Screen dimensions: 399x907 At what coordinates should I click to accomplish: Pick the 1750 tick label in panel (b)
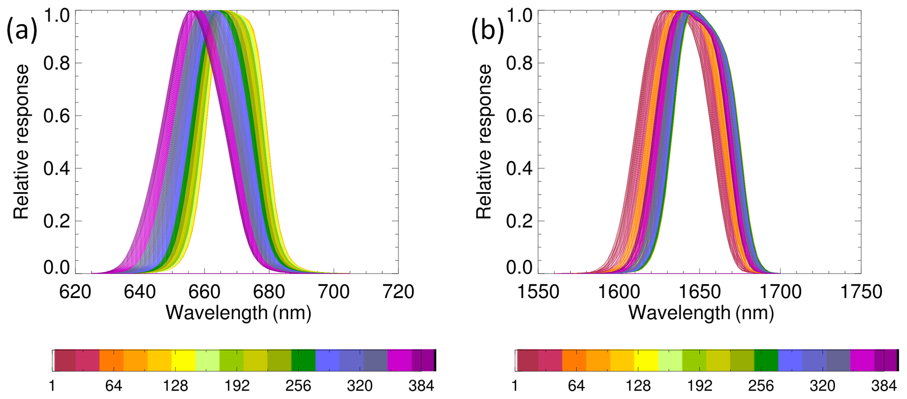tap(861, 291)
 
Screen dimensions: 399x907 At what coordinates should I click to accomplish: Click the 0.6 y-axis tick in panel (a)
tap(57, 116)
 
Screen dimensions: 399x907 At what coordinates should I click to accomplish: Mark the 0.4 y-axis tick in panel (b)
tap(520, 169)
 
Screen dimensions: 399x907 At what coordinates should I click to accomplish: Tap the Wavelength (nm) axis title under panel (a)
tap(238, 313)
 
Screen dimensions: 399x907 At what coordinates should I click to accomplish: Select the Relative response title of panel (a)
tap(21, 142)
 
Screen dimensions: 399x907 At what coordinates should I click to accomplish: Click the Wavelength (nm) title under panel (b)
tap(701, 313)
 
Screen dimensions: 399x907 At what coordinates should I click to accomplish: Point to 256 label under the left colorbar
tap(298, 386)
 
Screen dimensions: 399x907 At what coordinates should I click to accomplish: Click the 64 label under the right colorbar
tap(576, 386)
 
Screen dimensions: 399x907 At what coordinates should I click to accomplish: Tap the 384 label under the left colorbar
tap(421, 386)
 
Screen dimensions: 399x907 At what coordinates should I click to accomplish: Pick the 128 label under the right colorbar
tap(638, 386)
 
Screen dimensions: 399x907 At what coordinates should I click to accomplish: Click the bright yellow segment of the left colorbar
tap(183, 360)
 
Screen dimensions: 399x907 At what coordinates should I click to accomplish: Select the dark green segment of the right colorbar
tap(766, 360)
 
